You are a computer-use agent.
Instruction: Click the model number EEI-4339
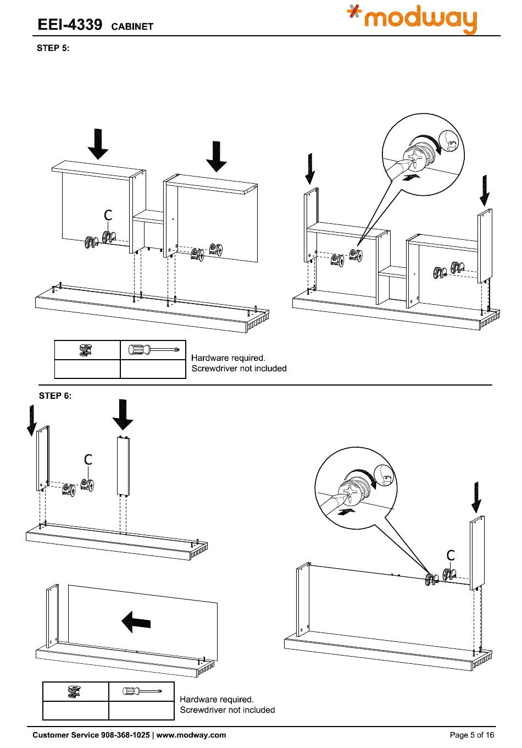(70, 25)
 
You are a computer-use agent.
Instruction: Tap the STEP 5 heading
(53, 48)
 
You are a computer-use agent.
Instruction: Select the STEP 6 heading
(55, 395)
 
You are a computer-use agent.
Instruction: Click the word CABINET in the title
(132, 26)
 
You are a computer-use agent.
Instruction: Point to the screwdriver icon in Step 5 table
(153, 349)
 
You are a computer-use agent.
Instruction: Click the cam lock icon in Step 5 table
(86, 349)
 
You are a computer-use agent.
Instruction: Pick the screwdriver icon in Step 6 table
(141, 691)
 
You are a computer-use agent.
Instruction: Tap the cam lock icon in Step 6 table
(75, 691)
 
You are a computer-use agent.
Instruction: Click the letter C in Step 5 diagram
(108, 216)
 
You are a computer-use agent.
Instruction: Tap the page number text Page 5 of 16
(472, 735)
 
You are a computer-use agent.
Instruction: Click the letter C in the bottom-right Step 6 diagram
(451, 555)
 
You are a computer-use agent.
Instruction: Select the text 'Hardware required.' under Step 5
(228, 358)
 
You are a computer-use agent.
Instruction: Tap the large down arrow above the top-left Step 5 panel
(98, 144)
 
